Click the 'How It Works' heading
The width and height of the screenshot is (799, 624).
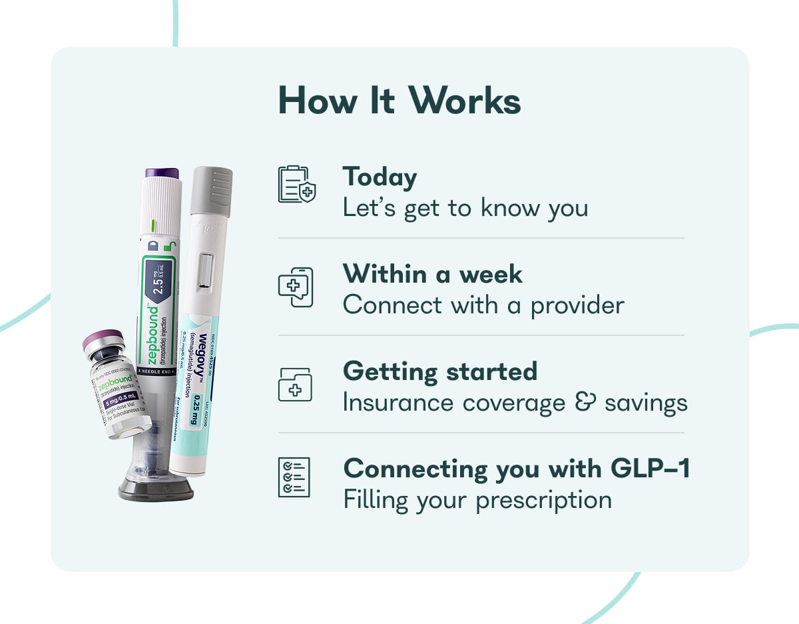(399, 101)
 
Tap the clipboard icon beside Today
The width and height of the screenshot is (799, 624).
(296, 184)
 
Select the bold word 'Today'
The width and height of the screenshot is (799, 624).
(380, 177)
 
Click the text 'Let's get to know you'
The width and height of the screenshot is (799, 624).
(465, 208)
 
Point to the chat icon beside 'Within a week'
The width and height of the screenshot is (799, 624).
(296, 287)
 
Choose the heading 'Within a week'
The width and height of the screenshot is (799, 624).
(433, 274)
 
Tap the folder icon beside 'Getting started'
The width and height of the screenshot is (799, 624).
(294, 385)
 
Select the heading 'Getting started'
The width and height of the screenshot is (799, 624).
(440, 371)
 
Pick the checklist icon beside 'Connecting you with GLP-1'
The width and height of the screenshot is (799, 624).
(294, 477)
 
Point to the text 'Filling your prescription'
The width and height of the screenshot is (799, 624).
(477, 500)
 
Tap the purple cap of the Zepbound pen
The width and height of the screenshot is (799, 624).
(162, 173)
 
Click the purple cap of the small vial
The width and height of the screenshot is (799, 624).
(103, 341)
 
